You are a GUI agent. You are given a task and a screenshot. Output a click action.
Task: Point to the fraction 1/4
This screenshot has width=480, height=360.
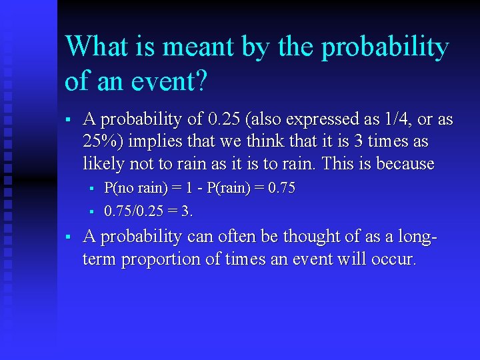tap(394, 120)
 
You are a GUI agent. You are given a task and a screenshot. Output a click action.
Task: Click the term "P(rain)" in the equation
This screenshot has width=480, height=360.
tap(230, 189)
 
